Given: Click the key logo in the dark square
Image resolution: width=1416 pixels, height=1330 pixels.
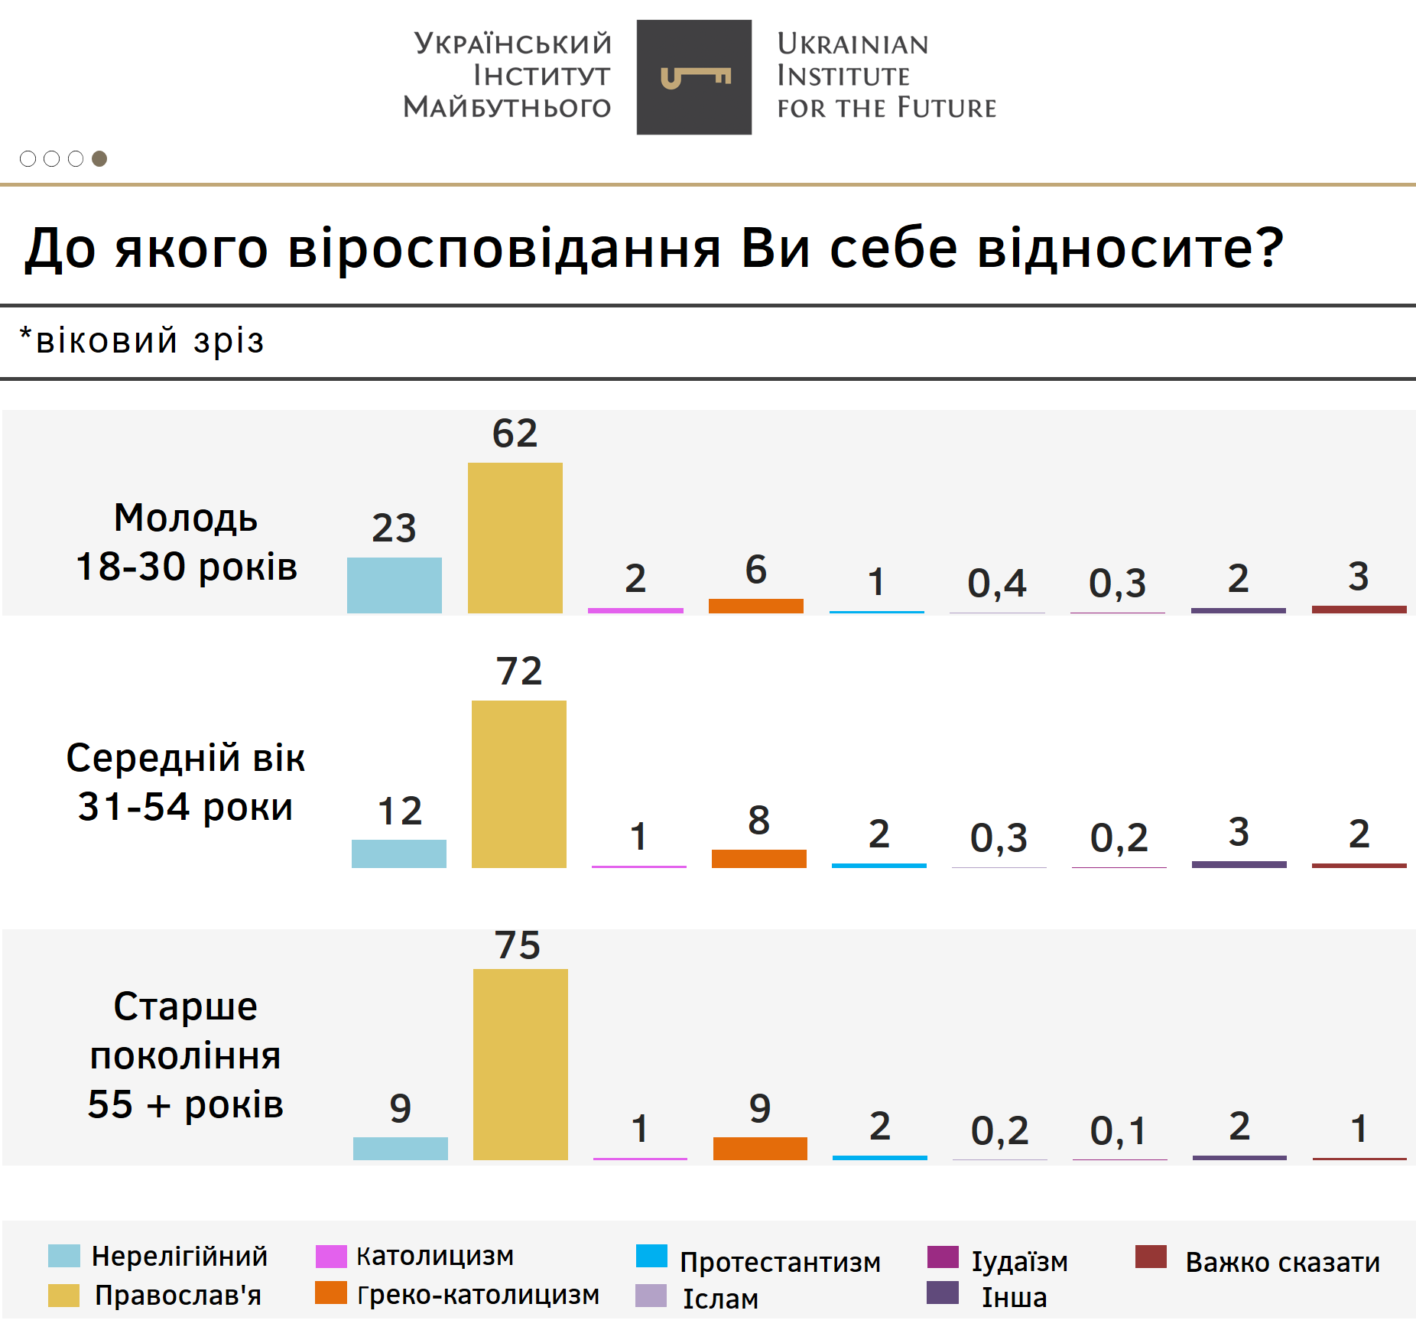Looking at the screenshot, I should click(694, 77).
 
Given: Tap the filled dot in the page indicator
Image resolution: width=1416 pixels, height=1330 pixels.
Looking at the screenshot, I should click(99, 158).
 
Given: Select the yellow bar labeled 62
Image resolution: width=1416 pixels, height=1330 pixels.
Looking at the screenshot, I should click(515, 538).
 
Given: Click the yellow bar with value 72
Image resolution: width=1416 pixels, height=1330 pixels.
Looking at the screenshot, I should click(518, 784).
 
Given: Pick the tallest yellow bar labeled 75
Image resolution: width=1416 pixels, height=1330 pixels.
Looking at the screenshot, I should click(520, 1064).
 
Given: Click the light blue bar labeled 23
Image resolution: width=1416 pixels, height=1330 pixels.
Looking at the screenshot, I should click(394, 585).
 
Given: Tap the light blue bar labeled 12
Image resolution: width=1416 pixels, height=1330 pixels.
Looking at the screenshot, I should click(398, 854).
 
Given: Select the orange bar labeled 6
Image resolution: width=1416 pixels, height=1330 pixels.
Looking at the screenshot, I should click(755, 606).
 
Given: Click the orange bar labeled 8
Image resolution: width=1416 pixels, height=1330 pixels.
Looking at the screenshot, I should click(758, 858).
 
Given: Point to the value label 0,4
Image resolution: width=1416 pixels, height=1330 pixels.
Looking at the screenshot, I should click(997, 584).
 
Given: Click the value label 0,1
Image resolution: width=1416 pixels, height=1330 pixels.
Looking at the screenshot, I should click(1119, 1130).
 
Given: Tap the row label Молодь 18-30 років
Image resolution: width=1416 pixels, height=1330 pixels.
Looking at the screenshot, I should click(186, 541).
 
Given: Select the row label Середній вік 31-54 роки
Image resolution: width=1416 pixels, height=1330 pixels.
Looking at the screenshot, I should click(186, 782).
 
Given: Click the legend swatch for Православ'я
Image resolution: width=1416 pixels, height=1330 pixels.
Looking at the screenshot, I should click(63, 1295).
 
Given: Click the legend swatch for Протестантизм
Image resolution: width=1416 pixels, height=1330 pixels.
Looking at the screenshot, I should click(651, 1256).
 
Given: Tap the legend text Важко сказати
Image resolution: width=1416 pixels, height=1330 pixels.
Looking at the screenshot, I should click(1282, 1262).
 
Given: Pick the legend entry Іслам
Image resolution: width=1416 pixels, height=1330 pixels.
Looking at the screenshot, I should click(719, 1299).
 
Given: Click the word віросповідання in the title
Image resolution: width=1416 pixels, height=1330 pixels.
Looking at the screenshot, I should click(505, 249).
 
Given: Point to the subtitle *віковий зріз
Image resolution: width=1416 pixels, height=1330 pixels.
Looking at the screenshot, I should click(142, 341).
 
